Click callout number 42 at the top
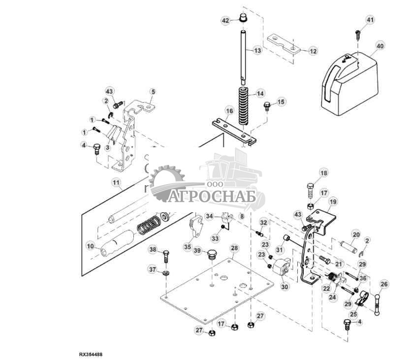(226, 21)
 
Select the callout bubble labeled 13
(258, 50)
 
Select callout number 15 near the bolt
(281, 101)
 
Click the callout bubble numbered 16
(229, 111)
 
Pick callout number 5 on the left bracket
(153, 92)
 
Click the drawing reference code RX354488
(92, 354)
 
